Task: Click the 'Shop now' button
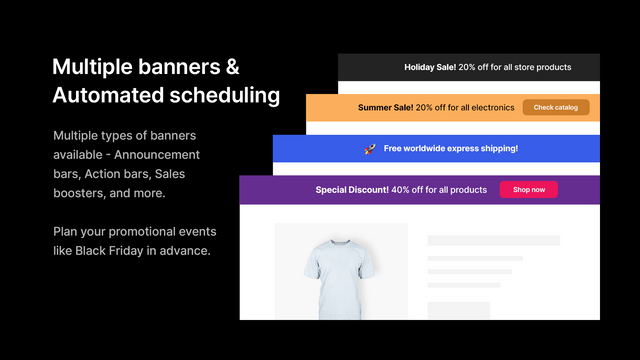tap(528, 189)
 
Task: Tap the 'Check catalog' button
tap(555, 107)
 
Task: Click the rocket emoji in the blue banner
tap(369, 149)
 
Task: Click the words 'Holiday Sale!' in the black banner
tap(430, 67)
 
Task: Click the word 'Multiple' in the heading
tap(96, 67)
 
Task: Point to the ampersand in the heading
tap(231, 67)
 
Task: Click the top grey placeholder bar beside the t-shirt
tap(493, 241)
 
